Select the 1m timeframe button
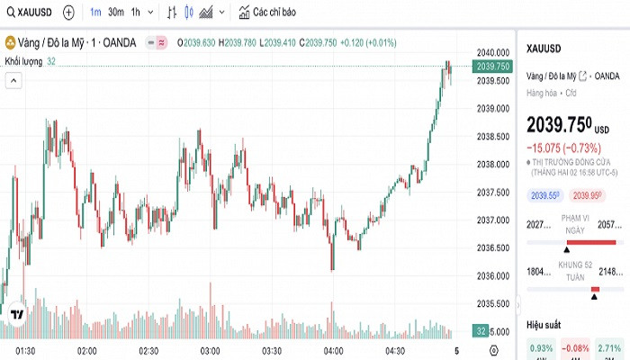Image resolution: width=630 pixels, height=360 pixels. tap(95, 13)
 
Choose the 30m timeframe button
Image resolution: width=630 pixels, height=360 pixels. tap(115, 13)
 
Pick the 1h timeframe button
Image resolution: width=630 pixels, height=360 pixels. tap(135, 13)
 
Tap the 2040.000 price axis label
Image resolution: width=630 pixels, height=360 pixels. tap(494, 52)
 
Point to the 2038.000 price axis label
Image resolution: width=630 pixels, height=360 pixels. tap(494, 164)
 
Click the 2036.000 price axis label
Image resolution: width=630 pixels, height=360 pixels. tap(494, 275)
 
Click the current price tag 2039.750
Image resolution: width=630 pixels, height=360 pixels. tap(494, 66)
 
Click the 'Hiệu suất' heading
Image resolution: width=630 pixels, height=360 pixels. tap(544, 324)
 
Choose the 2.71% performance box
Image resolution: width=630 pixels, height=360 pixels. tap(609, 347)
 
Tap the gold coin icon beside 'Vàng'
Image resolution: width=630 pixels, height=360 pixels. tap(10, 42)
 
